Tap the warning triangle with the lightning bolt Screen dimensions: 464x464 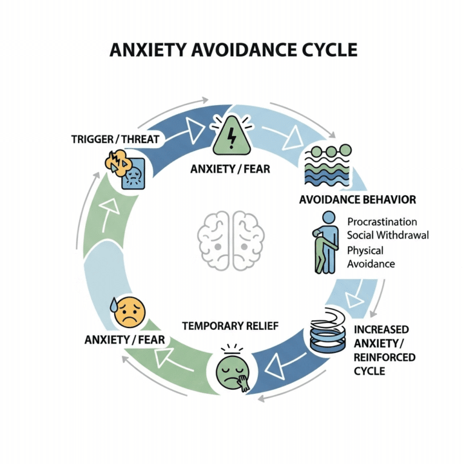click(x=231, y=136)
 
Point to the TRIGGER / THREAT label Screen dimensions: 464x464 click(x=115, y=140)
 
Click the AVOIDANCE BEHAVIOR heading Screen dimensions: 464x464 click(x=358, y=199)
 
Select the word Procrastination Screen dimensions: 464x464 click(x=382, y=222)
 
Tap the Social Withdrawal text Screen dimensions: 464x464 click(x=388, y=235)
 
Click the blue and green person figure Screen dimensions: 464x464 click(x=325, y=243)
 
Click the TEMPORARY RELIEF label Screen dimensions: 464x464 click(x=230, y=326)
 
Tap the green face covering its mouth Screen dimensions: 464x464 click(x=233, y=369)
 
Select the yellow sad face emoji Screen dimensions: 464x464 click(x=129, y=312)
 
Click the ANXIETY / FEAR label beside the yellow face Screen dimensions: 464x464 click(x=124, y=340)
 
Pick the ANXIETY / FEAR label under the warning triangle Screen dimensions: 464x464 click(x=230, y=169)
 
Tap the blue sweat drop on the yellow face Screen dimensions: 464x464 click(x=114, y=306)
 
